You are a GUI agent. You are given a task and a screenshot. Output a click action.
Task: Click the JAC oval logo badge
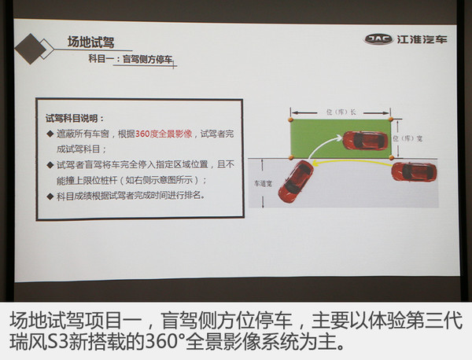377,39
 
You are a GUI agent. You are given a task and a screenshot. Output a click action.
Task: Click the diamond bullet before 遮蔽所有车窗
51,134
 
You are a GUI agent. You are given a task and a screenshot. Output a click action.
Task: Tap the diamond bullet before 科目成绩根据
51,193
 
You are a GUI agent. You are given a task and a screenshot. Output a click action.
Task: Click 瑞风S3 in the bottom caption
38,343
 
